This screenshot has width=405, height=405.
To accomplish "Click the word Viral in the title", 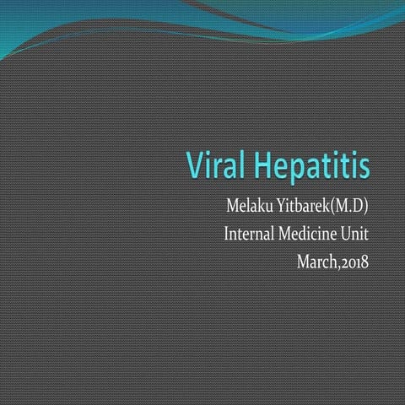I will (x=214, y=165).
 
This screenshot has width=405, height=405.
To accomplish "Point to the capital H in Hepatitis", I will (x=256, y=165).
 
